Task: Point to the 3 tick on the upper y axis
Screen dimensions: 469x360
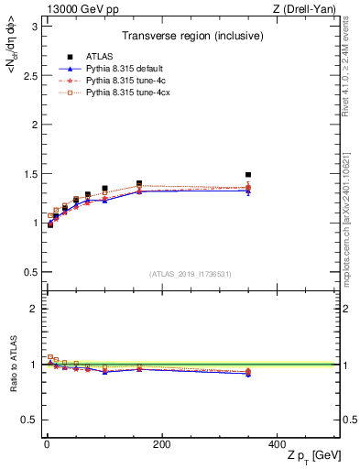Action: click(34, 26)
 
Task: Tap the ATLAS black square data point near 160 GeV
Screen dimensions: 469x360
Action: click(139, 184)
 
